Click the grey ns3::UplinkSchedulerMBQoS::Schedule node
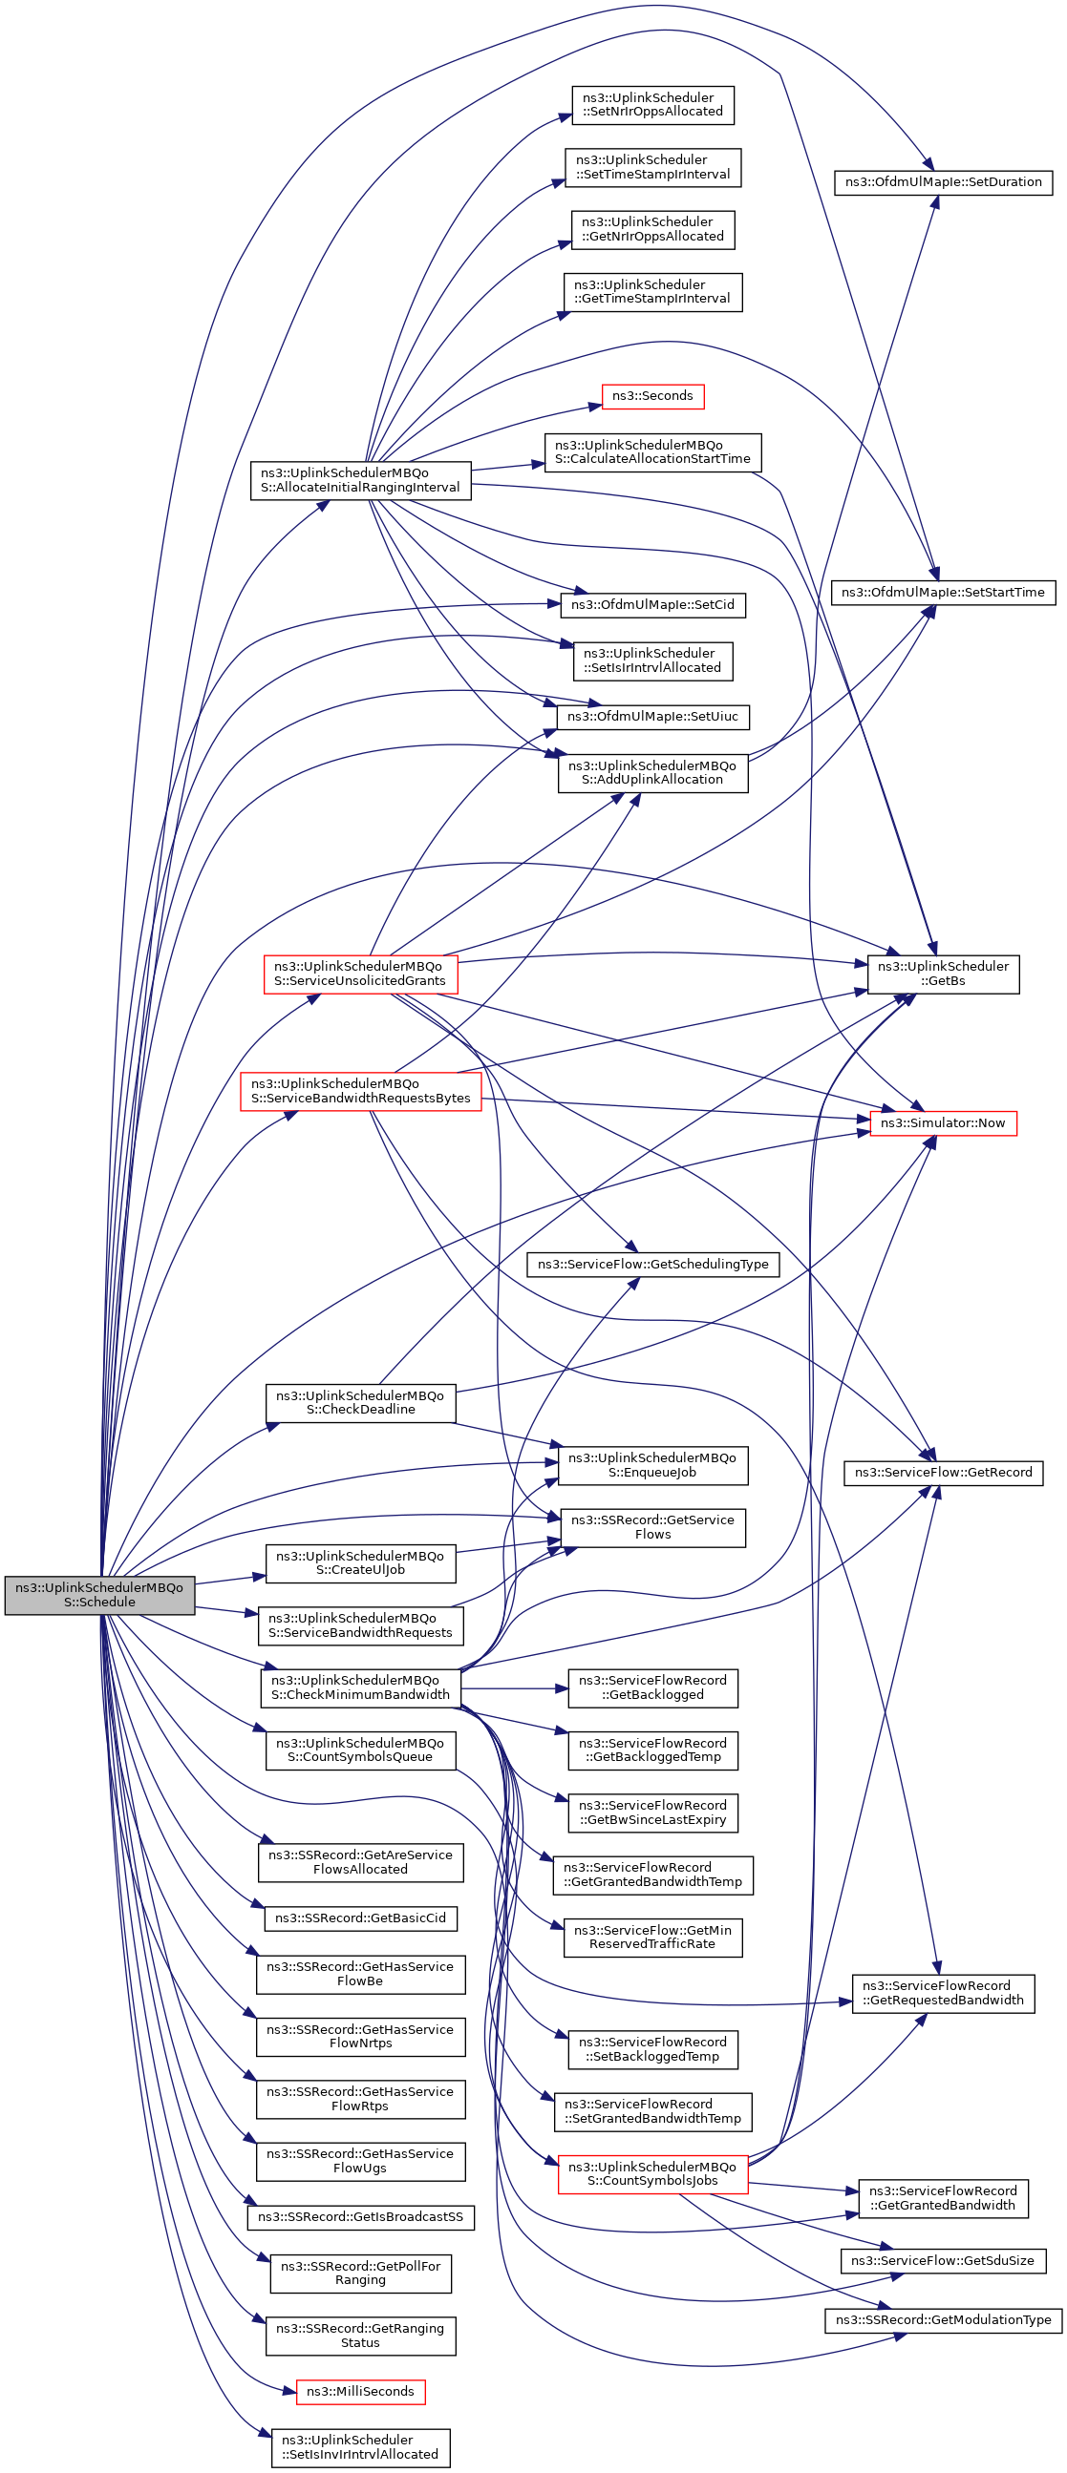[x=100, y=1595]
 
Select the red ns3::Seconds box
[x=652, y=395]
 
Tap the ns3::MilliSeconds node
[x=360, y=2392]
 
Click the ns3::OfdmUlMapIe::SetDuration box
[x=943, y=181]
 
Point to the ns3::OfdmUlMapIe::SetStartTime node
[x=943, y=593]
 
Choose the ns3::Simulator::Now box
[x=943, y=1123]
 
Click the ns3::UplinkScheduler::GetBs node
[x=943, y=974]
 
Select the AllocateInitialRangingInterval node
[x=360, y=480]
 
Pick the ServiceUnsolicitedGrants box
[x=360, y=974]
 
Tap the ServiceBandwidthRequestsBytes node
[x=360, y=1092]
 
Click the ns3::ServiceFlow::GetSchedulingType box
[x=653, y=1265]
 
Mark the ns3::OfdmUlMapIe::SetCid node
[x=653, y=605]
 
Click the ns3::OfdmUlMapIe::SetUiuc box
[x=653, y=717]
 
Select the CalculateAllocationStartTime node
[x=653, y=452]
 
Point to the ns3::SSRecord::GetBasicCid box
[x=360, y=1918]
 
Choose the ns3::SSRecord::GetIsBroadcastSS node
[x=360, y=2216]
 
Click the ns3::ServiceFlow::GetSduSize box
[x=943, y=2261]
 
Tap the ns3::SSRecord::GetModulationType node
[x=943, y=2320]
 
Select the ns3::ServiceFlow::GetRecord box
[x=943, y=1473]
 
